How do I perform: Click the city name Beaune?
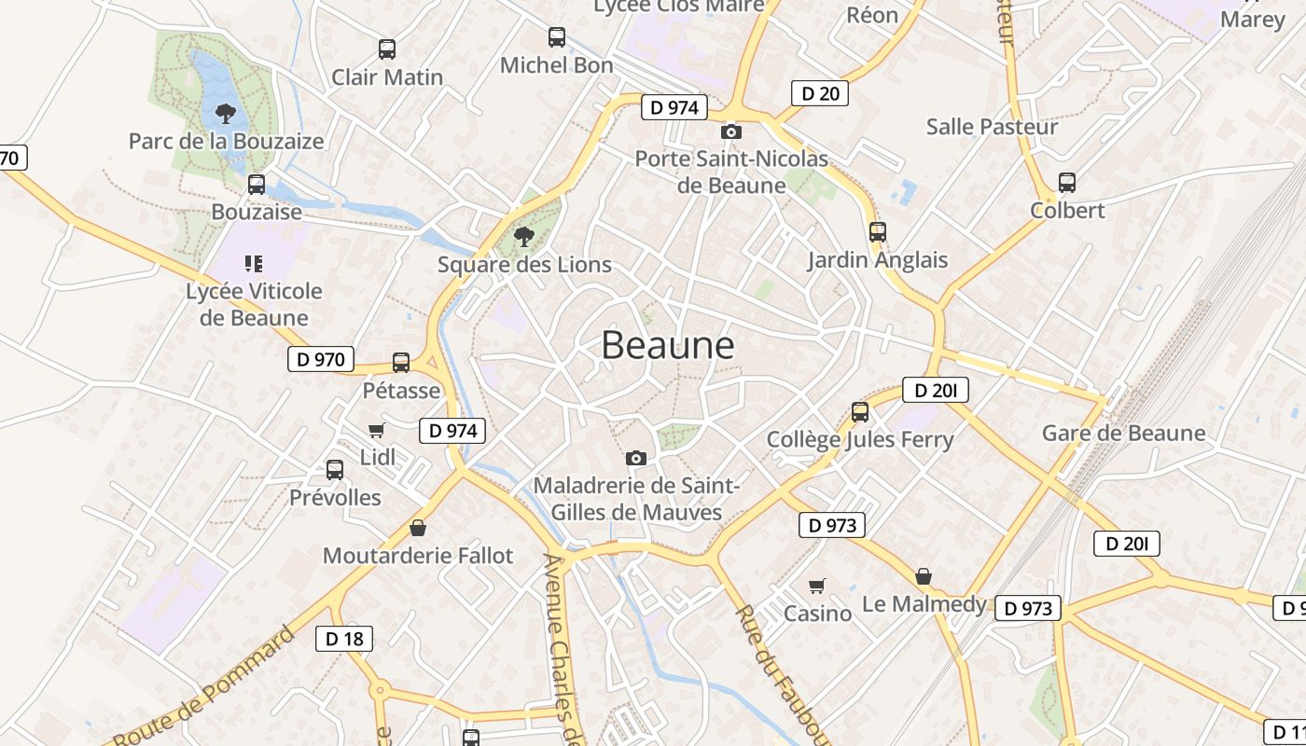pyautogui.click(x=668, y=345)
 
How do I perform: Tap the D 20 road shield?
pyautogui.click(x=820, y=93)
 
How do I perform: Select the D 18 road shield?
pyautogui.click(x=344, y=639)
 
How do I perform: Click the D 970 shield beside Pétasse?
pyautogui.click(x=321, y=359)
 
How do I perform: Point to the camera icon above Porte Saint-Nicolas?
pyautogui.click(x=731, y=131)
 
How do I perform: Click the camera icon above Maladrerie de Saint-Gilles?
pyautogui.click(x=636, y=458)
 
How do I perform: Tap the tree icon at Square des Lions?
pyautogui.click(x=524, y=236)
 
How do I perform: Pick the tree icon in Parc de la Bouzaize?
pyautogui.click(x=225, y=114)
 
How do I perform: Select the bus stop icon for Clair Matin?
pyautogui.click(x=387, y=49)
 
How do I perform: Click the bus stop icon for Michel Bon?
pyautogui.click(x=557, y=37)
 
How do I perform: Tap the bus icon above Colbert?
pyautogui.click(x=1067, y=183)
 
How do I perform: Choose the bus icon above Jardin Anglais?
pyautogui.click(x=877, y=232)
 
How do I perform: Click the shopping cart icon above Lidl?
pyautogui.click(x=377, y=430)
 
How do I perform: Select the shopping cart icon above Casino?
pyautogui.click(x=817, y=586)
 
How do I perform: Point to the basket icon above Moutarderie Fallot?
pyautogui.click(x=418, y=528)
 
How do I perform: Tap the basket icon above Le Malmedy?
pyautogui.click(x=923, y=576)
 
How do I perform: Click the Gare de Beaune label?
pyautogui.click(x=1123, y=433)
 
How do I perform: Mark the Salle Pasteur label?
pyautogui.click(x=992, y=127)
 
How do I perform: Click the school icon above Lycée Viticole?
pyautogui.click(x=254, y=264)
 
